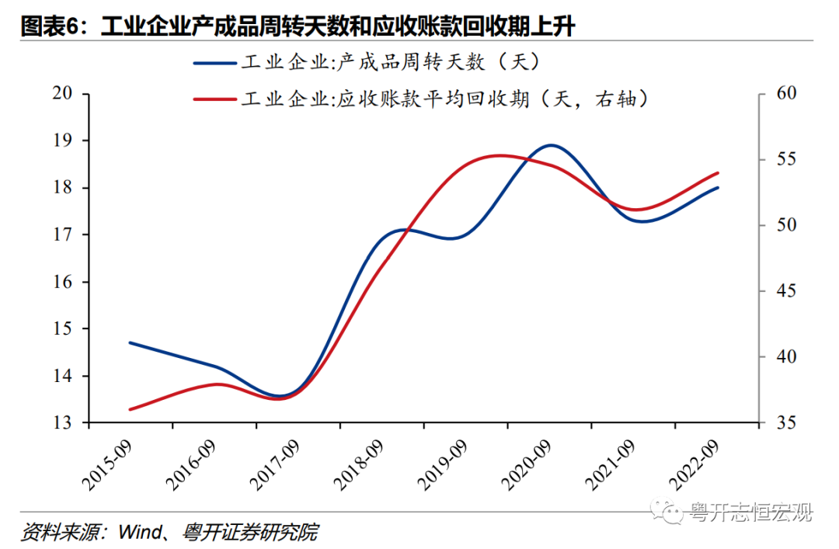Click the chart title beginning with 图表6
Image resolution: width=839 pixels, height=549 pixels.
point(298,26)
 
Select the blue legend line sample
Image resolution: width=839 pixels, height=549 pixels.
point(215,63)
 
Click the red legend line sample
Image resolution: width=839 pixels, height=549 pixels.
point(215,99)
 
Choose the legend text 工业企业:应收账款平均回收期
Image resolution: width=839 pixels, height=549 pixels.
point(385,99)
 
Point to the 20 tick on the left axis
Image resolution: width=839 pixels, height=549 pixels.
point(62,93)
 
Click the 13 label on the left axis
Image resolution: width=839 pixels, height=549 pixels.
point(62,422)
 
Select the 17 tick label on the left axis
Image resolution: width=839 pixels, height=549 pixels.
point(62,235)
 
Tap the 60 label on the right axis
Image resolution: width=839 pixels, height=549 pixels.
point(786,93)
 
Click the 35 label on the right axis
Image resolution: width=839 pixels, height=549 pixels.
point(786,422)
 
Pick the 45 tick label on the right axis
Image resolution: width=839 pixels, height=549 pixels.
point(786,291)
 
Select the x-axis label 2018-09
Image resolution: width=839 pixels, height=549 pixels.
point(358,465)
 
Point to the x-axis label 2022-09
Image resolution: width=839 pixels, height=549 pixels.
point(694,465)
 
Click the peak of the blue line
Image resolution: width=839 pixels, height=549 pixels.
point(551,145)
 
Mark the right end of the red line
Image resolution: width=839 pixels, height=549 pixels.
point(718,173)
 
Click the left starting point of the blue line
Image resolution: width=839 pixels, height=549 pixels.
point(130,342)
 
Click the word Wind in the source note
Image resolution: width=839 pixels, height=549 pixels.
point(140,533)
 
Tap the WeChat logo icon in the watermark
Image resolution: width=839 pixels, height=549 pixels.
point(667,512)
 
